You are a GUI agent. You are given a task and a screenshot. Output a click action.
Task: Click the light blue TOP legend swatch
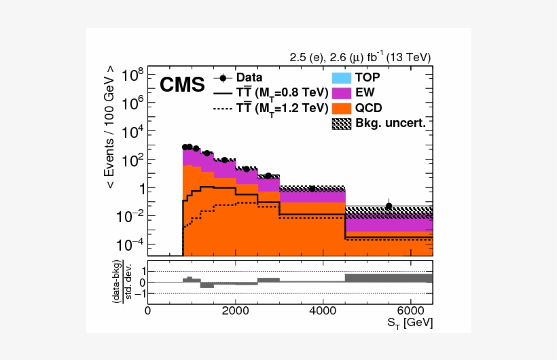340,77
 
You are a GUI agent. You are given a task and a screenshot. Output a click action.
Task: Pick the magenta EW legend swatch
340,92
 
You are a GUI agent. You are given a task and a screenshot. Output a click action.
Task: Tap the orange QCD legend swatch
340,107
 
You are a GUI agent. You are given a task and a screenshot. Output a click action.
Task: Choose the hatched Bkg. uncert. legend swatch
340,123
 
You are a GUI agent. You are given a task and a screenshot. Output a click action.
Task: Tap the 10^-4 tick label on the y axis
130,244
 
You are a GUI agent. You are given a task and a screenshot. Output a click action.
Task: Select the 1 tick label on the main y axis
137,188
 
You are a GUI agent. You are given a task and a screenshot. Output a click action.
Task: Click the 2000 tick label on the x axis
235,312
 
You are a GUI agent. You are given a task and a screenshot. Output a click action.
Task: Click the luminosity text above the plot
360,58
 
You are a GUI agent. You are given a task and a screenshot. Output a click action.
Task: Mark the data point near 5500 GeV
389,206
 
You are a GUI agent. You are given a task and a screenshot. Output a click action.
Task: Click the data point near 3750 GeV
312,188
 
